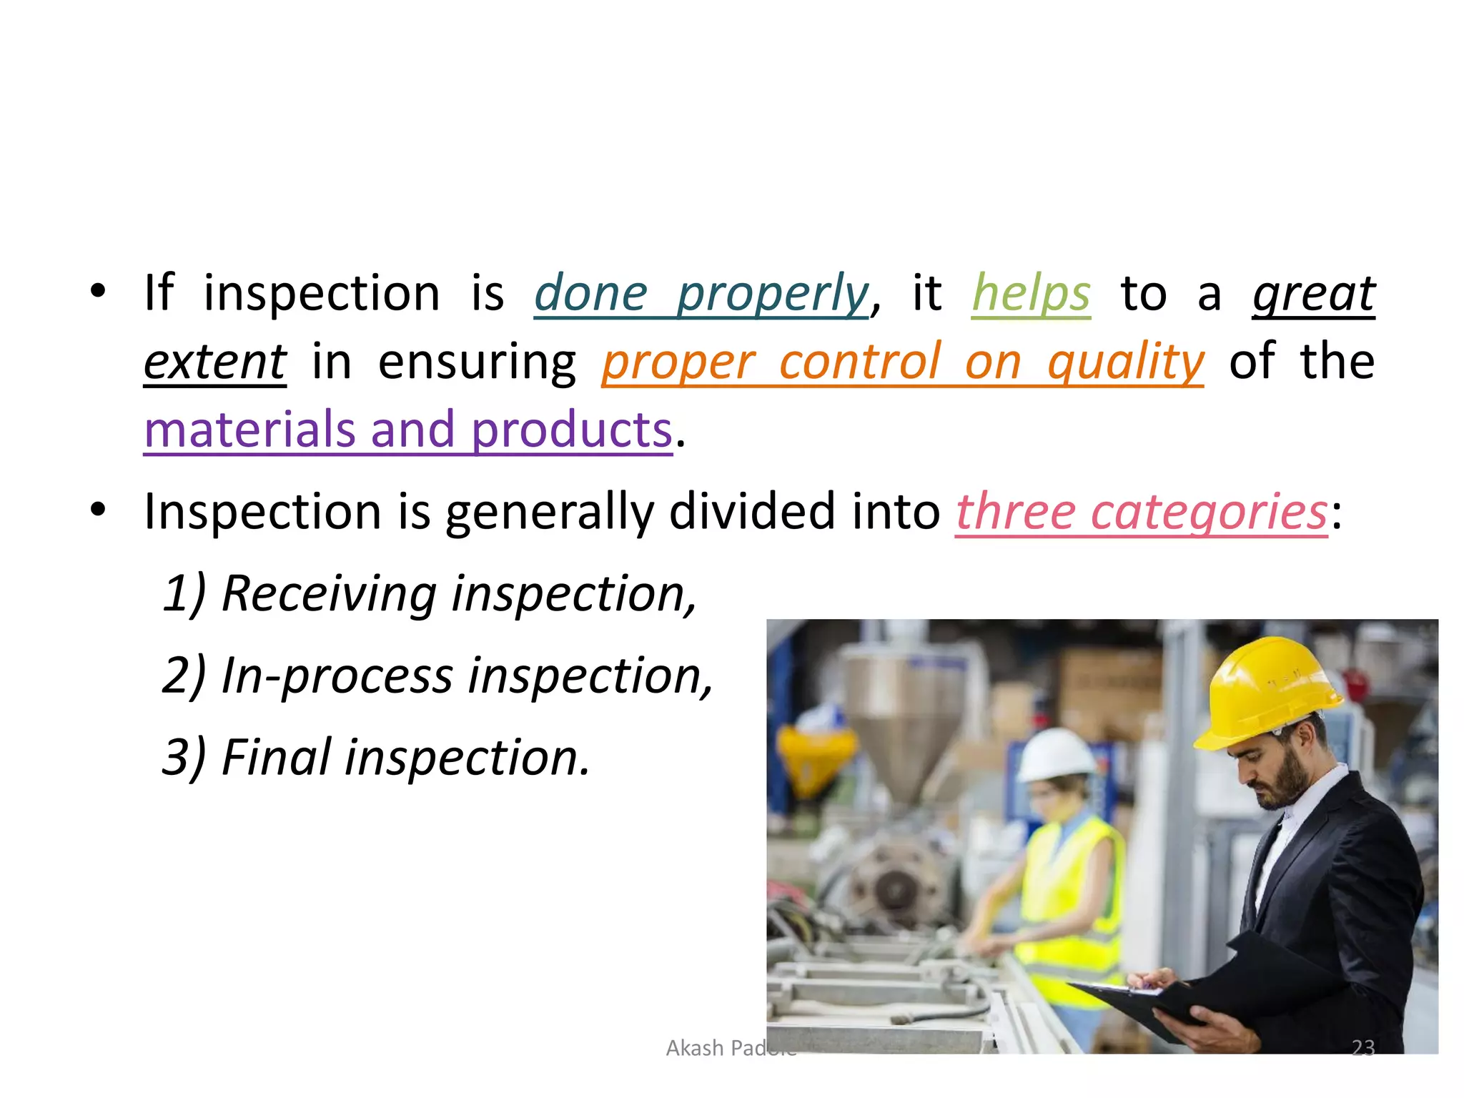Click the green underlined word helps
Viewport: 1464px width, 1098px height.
[1031, 294]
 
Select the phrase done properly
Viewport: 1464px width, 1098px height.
[701, 294]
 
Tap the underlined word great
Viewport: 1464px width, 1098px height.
[1314, 294]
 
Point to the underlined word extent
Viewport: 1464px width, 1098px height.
[215, 362]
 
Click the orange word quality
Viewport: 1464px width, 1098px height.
[1126, 362]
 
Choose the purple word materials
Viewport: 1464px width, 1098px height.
[249, 430]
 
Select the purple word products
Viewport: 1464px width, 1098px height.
[572, 430]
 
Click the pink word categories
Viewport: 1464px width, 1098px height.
[1209, 512]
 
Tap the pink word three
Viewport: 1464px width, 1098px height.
[1015, 512]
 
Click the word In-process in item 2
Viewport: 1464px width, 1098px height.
[337, 676]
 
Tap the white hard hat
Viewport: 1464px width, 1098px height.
[1055, 756]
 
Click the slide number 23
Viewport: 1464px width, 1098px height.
[1363, 1048]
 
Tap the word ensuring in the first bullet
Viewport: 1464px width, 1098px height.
[477, 362]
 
